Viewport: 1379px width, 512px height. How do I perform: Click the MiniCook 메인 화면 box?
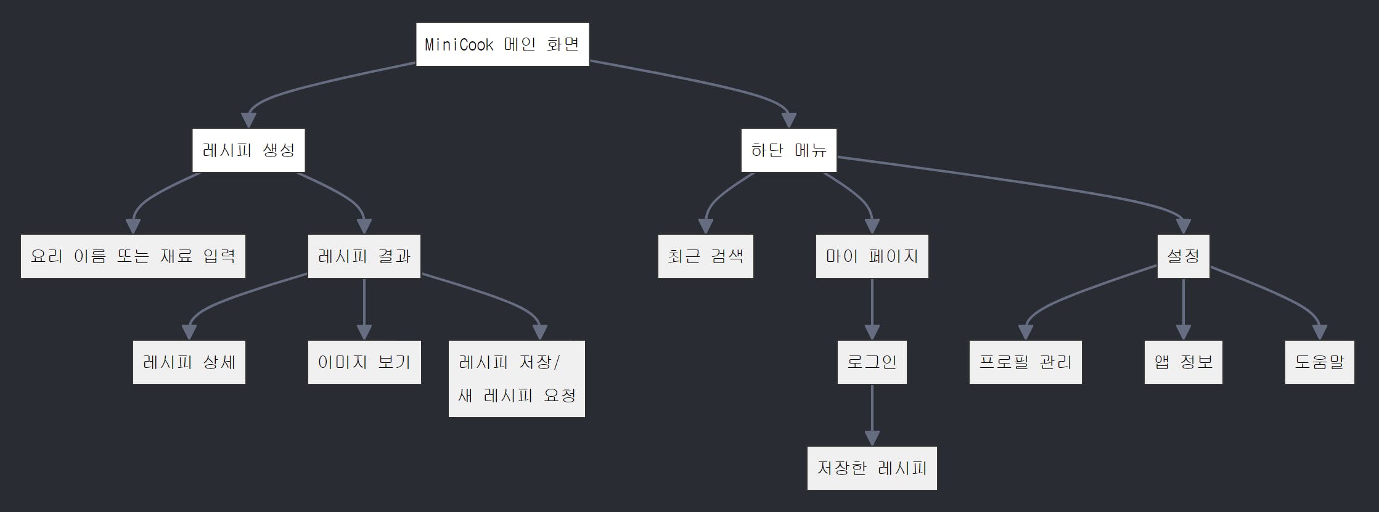502,44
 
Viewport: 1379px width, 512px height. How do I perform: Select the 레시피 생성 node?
248,150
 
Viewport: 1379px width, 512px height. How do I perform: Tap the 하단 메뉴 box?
788,150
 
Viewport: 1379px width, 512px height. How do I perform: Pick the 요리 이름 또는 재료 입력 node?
133,256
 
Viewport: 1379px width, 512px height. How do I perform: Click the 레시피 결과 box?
364,256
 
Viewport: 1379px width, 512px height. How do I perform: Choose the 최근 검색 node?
705,256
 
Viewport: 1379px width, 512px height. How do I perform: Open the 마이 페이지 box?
872,256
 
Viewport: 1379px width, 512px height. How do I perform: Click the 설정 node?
1183,256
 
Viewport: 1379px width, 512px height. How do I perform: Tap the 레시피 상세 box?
189,362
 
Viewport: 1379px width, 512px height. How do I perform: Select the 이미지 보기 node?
364,362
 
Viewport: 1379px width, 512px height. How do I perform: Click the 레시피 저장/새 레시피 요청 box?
517,379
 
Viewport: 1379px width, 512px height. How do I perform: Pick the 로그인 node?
872,362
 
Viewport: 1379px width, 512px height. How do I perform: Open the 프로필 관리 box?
1025,362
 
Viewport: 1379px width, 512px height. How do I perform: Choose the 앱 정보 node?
1183,362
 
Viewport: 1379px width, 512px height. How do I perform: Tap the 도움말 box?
1319,362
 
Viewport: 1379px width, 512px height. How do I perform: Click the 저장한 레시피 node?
872,468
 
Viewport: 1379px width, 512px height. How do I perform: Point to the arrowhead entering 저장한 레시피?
872,438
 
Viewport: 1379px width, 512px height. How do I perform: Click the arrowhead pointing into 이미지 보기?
364,332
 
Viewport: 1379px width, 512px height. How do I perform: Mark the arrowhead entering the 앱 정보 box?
1183,332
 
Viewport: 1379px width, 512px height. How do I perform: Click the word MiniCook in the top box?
459,44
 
